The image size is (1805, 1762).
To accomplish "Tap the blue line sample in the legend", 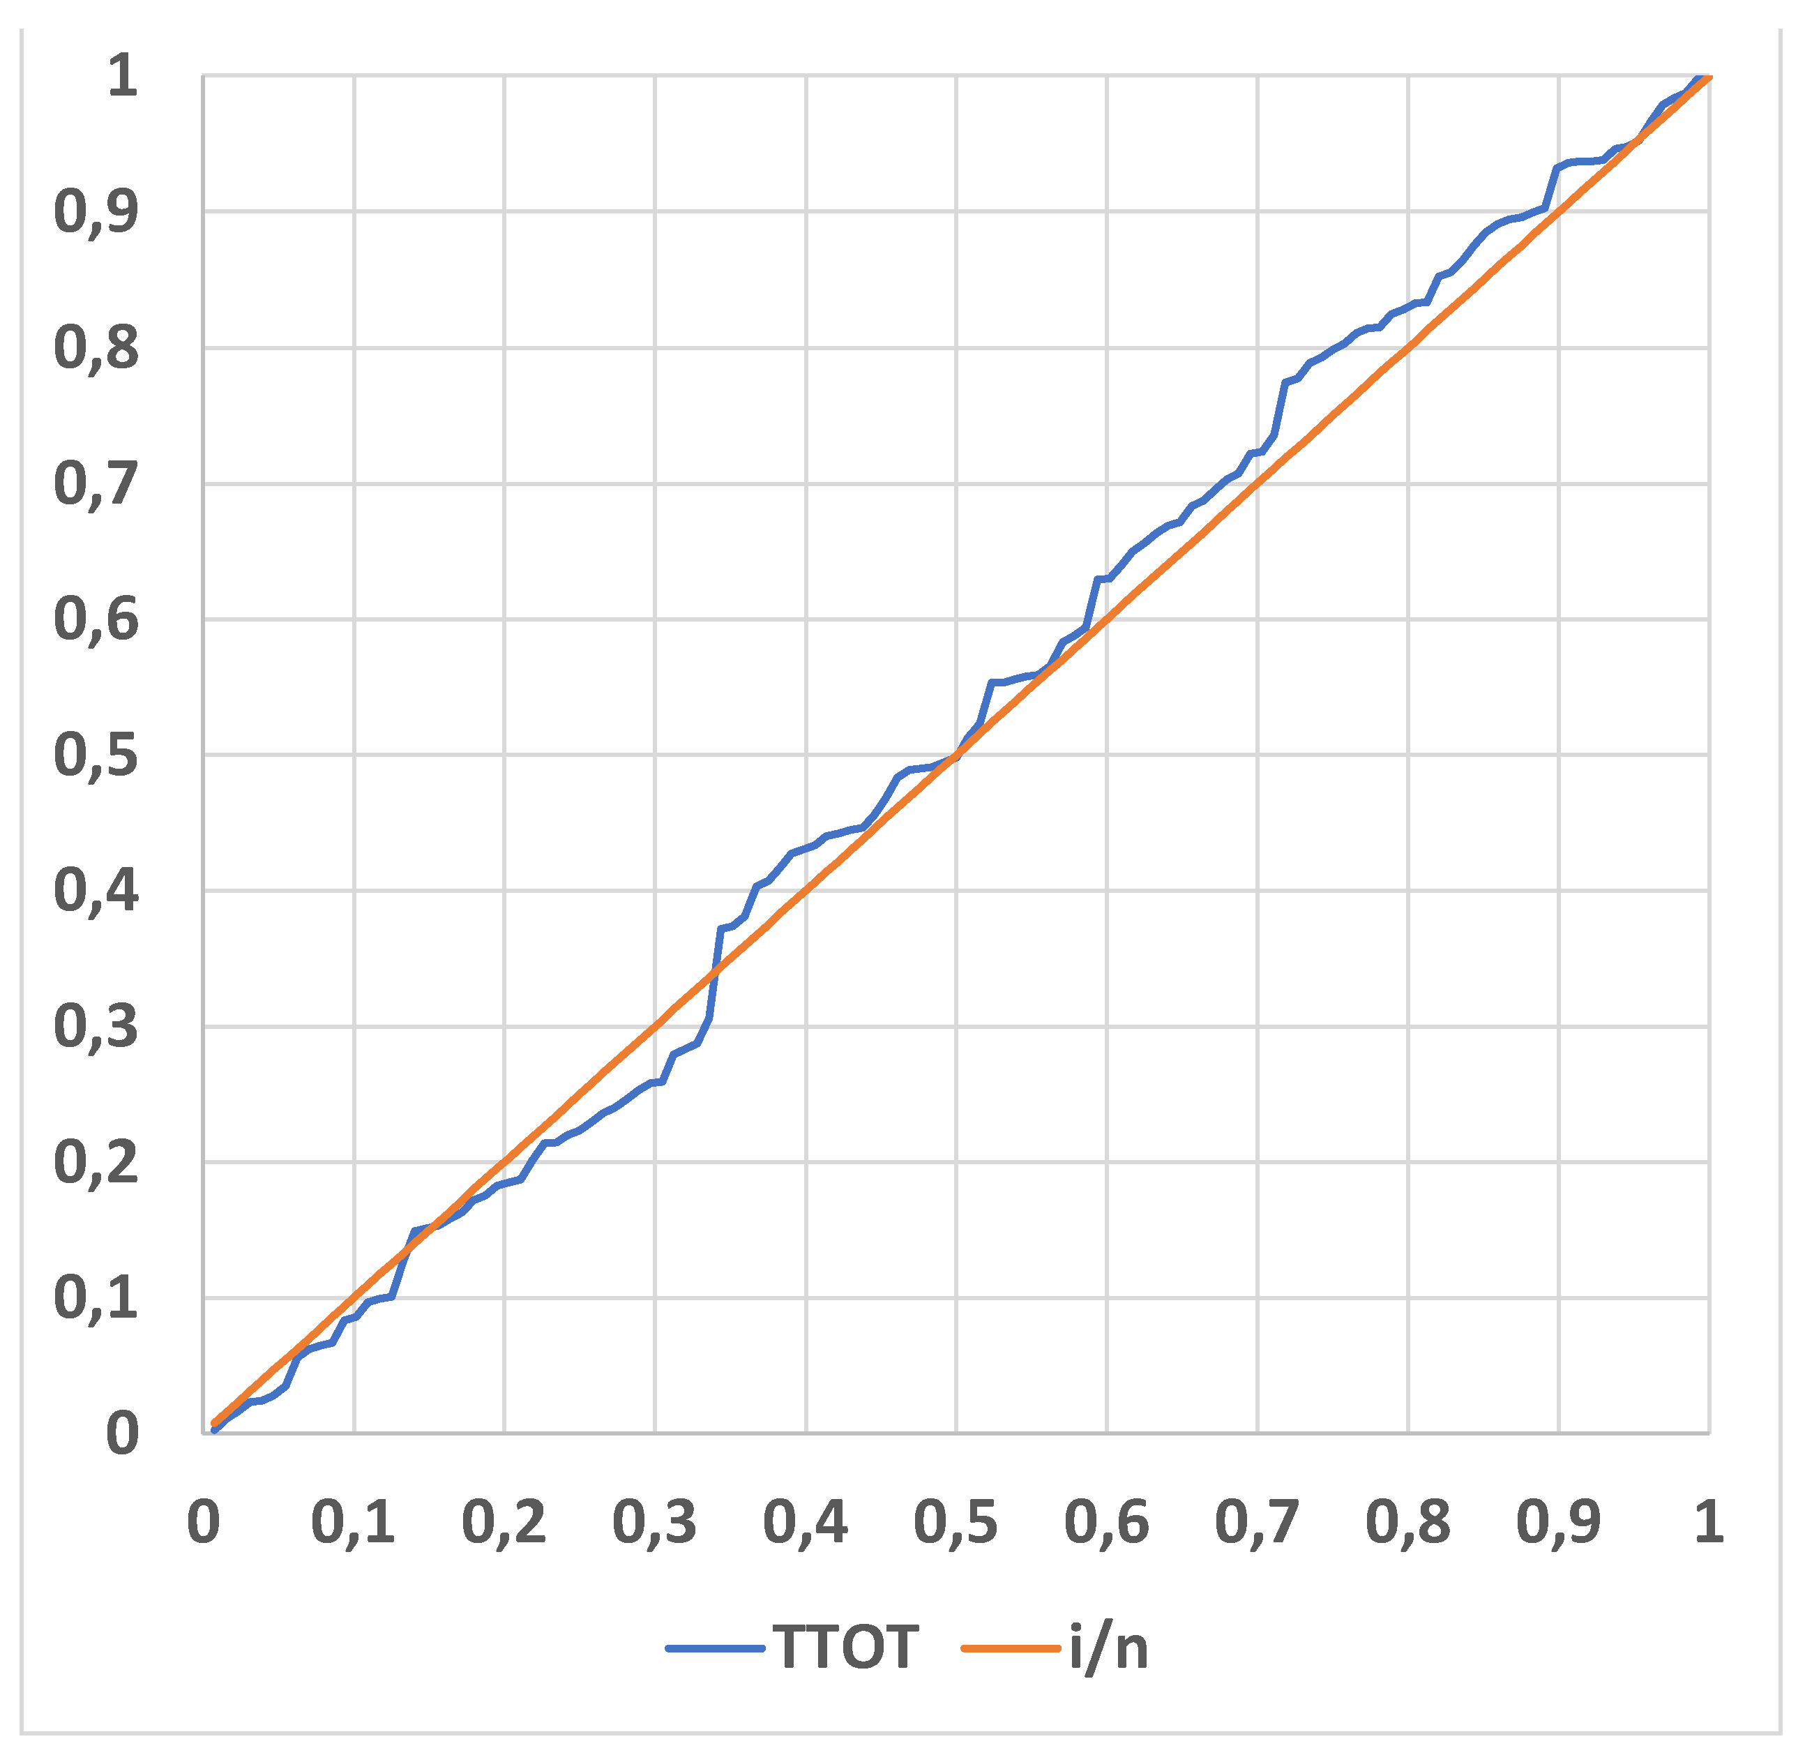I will pyautogui.click(x=715, y=1648).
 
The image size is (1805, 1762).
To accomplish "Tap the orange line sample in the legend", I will pyautogui.click(x=1011, y=1648).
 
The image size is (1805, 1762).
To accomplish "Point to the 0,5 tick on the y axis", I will pyautogui.click(x=96, y=755).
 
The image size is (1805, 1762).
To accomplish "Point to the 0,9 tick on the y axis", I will pyautogui.click(x=96, y=212).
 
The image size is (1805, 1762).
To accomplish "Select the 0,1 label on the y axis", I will pyautogui.click(x=96, y=1297).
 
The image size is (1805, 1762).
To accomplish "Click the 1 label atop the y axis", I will pyautogui.click(x=122, y=76).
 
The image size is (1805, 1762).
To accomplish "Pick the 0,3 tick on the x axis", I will pyautogui.click(x=654, y=1522).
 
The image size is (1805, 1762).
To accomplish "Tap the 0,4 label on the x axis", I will pyautogui.click(x=805, y=1522).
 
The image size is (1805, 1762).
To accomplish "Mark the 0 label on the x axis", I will pyautogui.click(x=204, y=1522).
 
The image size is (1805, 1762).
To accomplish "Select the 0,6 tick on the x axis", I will pyautogui.click(x=1105, y=1522).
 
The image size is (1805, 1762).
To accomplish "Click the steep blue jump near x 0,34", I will pyautogui.click(x=715, y=972).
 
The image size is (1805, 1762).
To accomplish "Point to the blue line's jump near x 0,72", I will pyautogui.click(x=1281, y=407).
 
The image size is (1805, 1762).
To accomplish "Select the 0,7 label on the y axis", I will pyautogui.click(x=96, y=483).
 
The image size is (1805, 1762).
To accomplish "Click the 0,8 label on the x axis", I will pyautogui.click(x=1407, y=1522).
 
